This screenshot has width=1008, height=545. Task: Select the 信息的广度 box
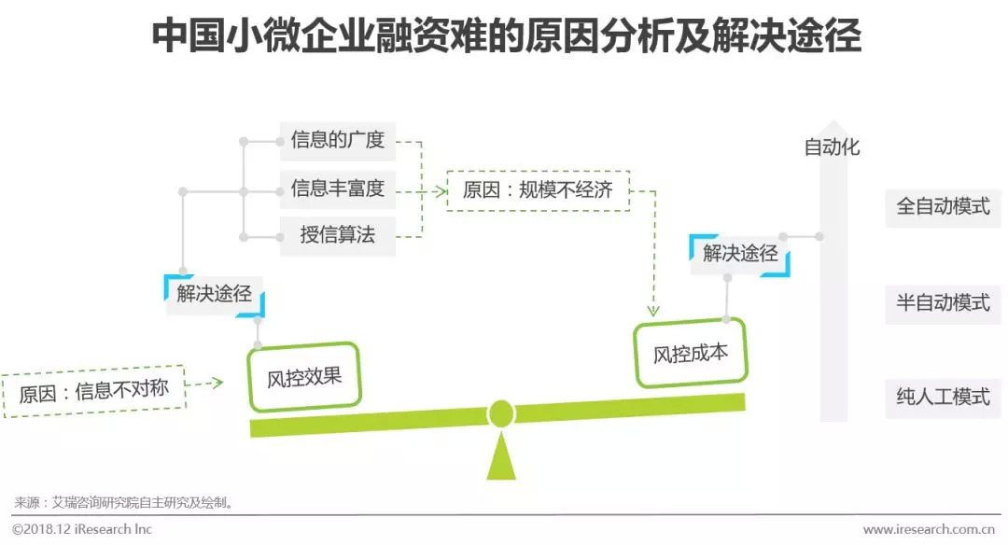tap(337, 141)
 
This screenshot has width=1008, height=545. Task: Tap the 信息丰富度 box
tap(337, 189)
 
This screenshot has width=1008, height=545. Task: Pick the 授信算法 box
tap(337, 235)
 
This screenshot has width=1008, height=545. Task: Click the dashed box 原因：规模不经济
tap(538, 190)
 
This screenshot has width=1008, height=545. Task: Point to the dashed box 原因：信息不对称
tap(93, 389)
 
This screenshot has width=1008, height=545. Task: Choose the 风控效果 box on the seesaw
tap(304, 377)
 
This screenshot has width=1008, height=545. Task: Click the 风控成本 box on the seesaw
tap(690, 353)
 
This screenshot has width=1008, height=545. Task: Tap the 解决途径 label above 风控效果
tap(215, 294)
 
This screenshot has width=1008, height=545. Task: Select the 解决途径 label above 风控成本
tap(740, 254)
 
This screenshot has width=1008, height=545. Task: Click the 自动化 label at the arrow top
tap(832, 147)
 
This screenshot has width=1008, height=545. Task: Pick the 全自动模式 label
tap(943, 207)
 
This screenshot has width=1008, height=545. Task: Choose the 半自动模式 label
tap(943, 302)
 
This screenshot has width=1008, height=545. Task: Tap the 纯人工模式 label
tap(943, 397)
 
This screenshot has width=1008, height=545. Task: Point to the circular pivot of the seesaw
tap(501, 412)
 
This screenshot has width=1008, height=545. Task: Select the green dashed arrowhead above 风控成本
tap(653, 310)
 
